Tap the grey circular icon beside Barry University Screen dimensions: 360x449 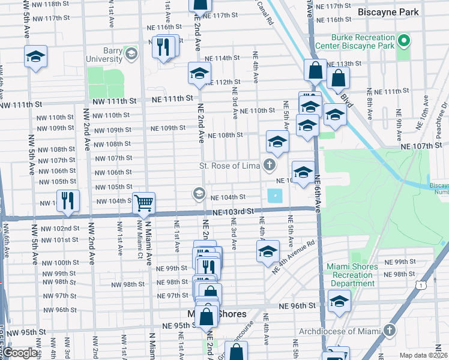pyautogui.click(x=131, y=55)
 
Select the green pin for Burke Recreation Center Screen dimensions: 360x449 pyautogui.click(x=404, y=42)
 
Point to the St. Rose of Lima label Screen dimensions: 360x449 pyautogui.click(x=230, y=166)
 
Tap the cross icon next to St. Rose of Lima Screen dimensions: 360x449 pyautogui.click(x=270, y=165)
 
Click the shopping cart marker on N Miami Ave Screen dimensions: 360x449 pyautogui.click(x=143, y=203)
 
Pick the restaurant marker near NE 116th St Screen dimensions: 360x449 pyautogui.click(x=163, y=46)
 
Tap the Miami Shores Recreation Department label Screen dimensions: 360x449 pyautogui.click(x=352, y=275)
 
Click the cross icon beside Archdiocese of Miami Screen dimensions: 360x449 pyautogui.click(x=390, y=331)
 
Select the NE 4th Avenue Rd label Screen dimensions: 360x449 pyautogui.click(x=294, y=258)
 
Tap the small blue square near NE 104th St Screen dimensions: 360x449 pyautogui.click(x=274, y=196)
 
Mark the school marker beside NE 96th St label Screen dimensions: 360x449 pyautogui.click(x=339, y=301)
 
